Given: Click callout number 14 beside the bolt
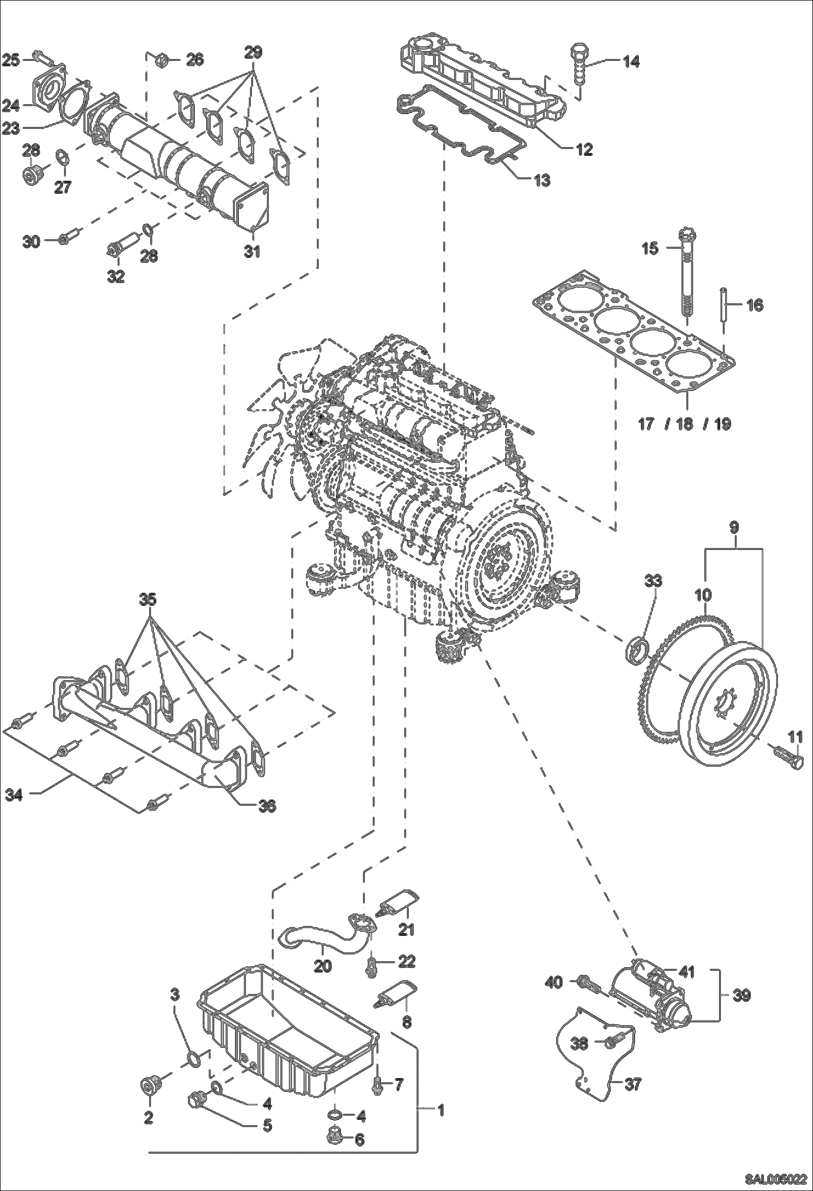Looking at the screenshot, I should pos(630,61).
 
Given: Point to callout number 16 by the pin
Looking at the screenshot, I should pos(754,305).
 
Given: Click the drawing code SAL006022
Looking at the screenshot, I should pos(774,1180).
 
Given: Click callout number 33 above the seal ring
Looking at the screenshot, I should pos(653,581).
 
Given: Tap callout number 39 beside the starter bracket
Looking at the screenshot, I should pos(741,996).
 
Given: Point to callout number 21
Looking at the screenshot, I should pos(406,929).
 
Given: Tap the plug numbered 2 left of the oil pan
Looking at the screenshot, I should pos(149,1087).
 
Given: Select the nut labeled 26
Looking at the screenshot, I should pos(161,59).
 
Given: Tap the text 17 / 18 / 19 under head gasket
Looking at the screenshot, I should pos(684,424).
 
